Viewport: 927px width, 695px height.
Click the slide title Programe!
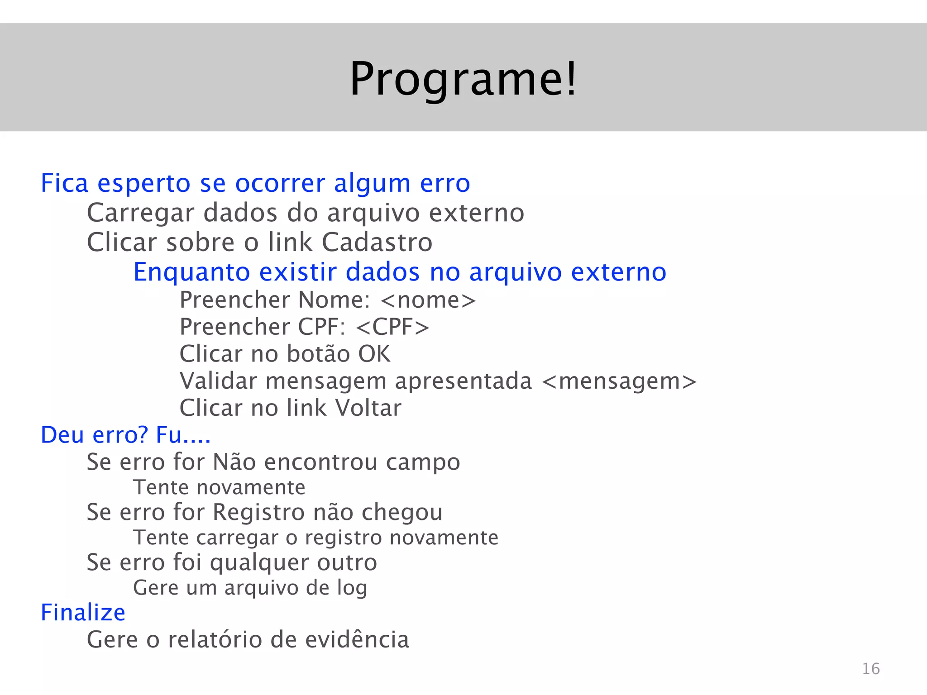pyautogui.click(x=463, y=79)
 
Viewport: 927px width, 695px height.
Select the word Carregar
pyautogui.click(x=141, y=213)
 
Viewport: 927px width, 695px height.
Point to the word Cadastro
pyautogui.click(x=377, y=242)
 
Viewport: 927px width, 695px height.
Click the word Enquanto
pyautogui.click(x=191, y=272)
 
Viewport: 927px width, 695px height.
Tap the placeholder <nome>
pyautogui.click(x=428, y=300)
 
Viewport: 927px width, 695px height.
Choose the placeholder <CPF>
pyautogui.click(x=392, y=327)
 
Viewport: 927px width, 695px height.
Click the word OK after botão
pyautogui.click(x=374, y=354)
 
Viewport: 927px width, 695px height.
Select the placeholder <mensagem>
pyautogui.click(x=619, y=381)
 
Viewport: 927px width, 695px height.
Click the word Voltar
pyautogui.click(x=368, y=408)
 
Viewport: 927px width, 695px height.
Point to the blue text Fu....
pyautogui.click(x=169, y=435)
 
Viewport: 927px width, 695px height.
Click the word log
pyautogui.click(x=352, y=588)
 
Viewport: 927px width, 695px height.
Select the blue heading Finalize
pyautogui.click(x=83, y=613)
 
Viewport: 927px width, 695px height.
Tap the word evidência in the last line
pyautogui.click(x=357, y=640)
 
